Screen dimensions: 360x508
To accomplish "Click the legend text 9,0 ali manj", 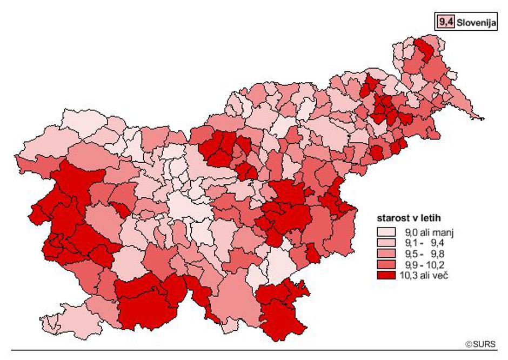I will pos(428,232).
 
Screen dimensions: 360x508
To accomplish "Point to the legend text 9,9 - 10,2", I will pos(428,265).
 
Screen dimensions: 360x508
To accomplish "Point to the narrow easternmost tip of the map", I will pos(483,118).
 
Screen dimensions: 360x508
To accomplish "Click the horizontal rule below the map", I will pos(254,351).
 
